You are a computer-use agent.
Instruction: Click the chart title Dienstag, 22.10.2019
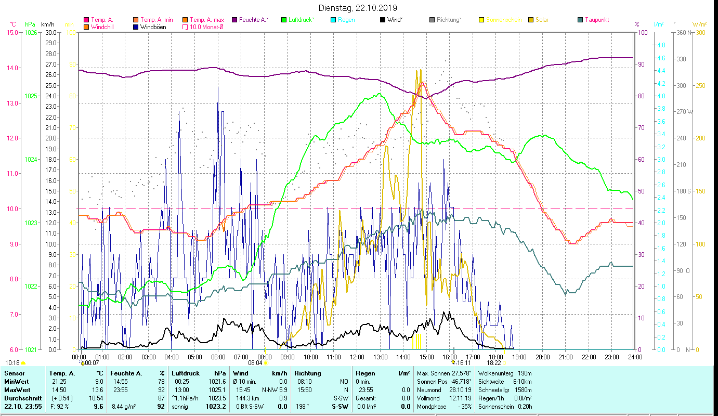pyautogui.click(x=358, y=8)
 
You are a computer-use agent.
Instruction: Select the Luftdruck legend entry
pyautogui.click(x=301, y=20)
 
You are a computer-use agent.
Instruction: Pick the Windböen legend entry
pyautogui.click(x=153, y=27)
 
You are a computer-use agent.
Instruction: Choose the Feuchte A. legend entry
pyautogui.click(x=253, y=20)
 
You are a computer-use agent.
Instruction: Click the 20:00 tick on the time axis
pyautogui.click(x=542, y=357)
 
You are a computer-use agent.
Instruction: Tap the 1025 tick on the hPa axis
pyautogui.click(x=31, y=96)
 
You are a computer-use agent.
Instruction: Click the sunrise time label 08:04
pyautogui.click(x=255, y=363)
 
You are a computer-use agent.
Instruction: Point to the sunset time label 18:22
pyautogui.click(x=494, y=363)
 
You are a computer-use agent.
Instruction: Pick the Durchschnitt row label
pyautogui.click(x=22, y=398)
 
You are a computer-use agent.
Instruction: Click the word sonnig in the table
pyautogui.click(x=180, y=406)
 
